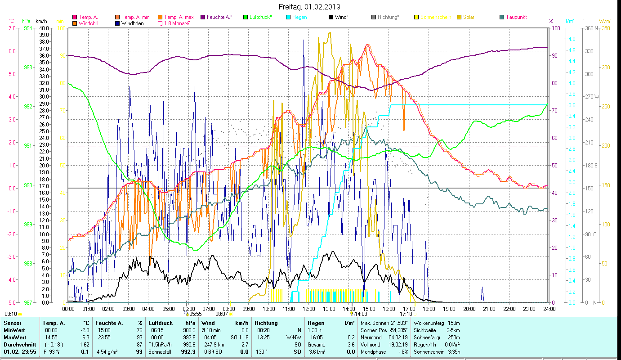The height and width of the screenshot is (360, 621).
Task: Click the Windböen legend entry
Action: (133, 23)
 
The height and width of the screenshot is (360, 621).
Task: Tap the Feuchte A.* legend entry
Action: (219, 17)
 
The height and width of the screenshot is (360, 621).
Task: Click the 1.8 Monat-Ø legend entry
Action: (179, 23)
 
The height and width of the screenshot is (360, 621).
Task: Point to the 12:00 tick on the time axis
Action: (308, 309)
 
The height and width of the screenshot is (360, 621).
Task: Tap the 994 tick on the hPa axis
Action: (27, 28)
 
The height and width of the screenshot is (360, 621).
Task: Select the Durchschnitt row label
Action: (18, 344)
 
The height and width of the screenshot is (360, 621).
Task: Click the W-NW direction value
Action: (293, 337)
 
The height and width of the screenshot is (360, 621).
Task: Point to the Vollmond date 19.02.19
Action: (397, 344)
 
